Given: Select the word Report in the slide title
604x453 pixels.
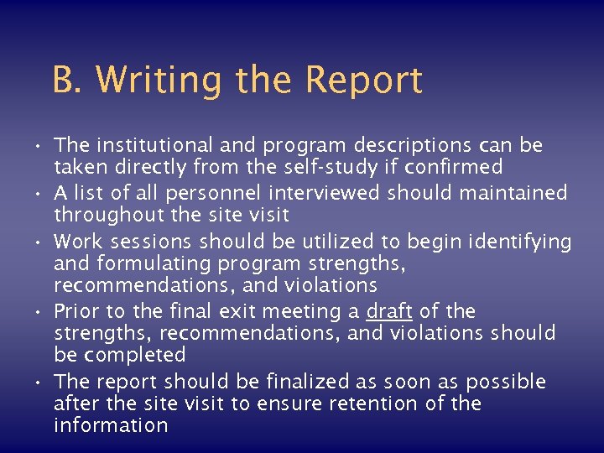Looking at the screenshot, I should click(363, 81).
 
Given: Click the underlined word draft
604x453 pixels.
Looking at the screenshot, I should click(389, 311).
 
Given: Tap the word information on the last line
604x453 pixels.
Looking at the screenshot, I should click(111, 425).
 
